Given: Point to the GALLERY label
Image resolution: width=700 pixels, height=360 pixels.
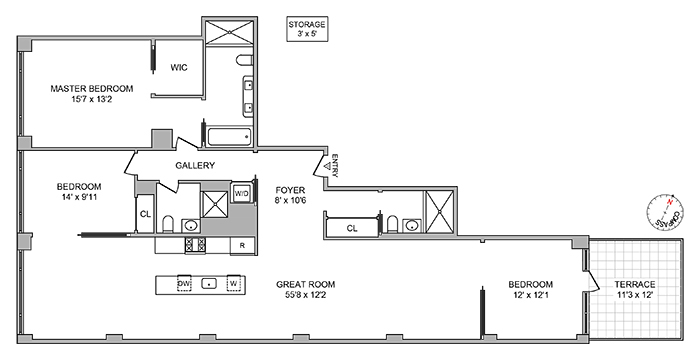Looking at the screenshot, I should [x=195, y=165].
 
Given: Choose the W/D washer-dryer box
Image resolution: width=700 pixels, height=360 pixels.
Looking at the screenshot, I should [x=242, y=193].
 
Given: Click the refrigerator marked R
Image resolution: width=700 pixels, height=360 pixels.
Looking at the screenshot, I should [x=241, y=244].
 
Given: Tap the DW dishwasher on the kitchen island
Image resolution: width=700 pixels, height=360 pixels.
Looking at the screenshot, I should [x=184, y=283].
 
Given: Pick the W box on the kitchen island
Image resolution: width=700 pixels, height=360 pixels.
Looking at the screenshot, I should [x=233, y=283].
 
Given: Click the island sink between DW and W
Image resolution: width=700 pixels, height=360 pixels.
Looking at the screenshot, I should [x=208, y=283].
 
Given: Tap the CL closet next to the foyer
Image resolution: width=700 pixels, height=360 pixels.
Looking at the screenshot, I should [x=352, y=228].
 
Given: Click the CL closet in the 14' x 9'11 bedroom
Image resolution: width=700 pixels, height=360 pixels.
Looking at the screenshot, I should [x=145, y=213].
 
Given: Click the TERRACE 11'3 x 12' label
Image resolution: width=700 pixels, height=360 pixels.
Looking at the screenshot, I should [x=636, y=290].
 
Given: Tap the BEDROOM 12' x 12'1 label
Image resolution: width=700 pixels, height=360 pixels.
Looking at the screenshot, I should [x=531, y=290].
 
